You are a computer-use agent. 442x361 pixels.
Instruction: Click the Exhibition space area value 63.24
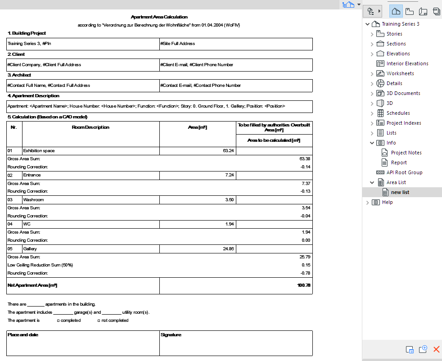228,150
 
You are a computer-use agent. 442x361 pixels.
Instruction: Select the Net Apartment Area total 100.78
303,285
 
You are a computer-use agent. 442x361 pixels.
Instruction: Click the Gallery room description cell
30,248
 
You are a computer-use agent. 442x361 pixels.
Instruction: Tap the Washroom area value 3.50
229,199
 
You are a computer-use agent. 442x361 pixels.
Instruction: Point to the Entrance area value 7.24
229,175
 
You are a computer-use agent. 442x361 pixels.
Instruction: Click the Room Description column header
90,127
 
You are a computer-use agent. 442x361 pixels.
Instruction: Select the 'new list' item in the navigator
400,192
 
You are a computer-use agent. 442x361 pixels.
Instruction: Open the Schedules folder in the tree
398,113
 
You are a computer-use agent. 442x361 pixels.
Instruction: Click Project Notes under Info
406,153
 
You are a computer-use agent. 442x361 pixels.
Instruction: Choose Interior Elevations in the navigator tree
407,63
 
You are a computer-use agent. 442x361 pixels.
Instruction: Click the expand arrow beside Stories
372,34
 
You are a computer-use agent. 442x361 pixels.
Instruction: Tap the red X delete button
436,349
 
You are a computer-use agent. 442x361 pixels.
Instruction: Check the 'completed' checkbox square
59,321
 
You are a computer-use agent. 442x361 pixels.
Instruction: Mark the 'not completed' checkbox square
99,321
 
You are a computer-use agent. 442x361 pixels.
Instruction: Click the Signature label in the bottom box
171,335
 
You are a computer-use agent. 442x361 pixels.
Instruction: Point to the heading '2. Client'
16,54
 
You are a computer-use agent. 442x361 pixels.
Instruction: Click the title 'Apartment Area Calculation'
159,17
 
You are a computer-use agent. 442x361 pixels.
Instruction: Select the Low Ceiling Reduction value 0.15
306,265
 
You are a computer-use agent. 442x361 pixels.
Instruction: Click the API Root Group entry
404,172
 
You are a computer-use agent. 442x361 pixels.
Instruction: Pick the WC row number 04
10,224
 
